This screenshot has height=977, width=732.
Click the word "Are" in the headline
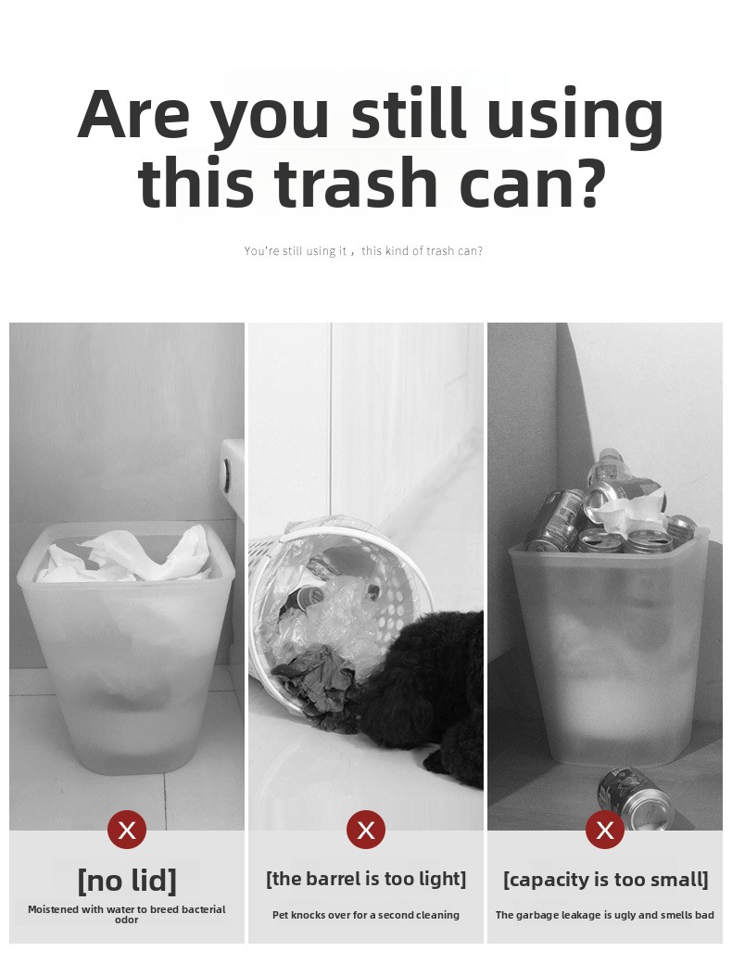coord(133,114)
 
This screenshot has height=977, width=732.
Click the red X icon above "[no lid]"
coord(127,830)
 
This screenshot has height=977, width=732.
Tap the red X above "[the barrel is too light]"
coord(366,830)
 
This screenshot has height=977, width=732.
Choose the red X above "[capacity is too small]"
coord(605,830)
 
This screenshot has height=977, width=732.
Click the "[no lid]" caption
coord(127,881)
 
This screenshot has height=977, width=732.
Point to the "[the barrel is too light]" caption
coord(366,879)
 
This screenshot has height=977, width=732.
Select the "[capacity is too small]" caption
coord(606,879)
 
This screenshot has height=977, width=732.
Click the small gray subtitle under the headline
coord(363,251)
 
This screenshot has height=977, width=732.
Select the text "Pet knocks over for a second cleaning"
coord(366,915)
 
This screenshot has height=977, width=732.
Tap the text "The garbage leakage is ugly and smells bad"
coord(605,915)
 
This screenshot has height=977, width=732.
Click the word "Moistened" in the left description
coord(54,909)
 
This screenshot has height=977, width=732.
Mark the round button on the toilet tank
coord(227,474)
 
